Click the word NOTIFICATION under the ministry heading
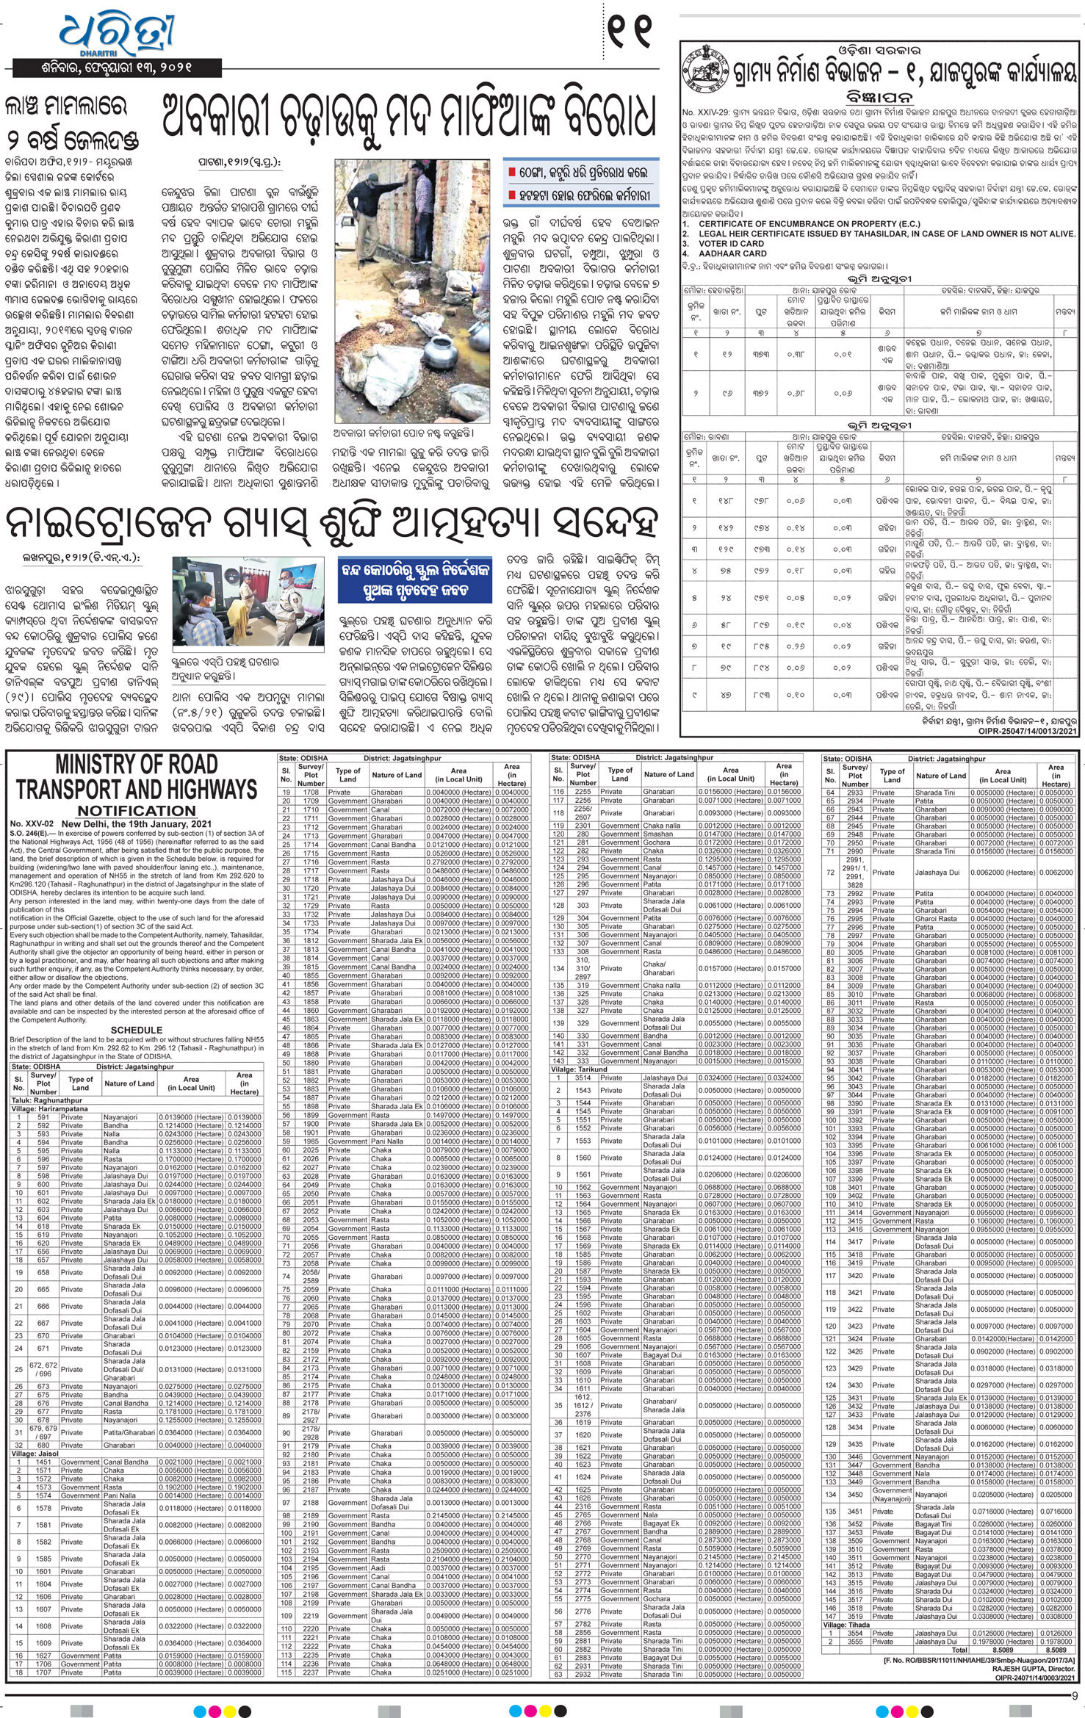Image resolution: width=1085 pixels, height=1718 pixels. [137, 811]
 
